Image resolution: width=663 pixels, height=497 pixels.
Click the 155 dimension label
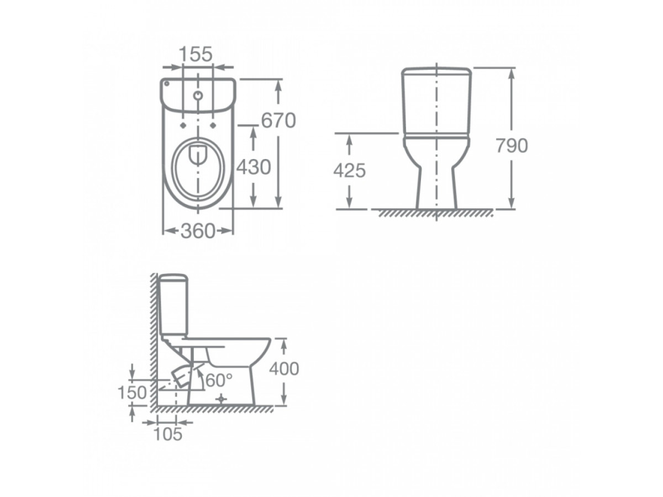click(196, 54)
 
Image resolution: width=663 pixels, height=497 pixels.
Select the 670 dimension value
click(278, 120)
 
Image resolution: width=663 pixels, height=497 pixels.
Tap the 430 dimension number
click(254, 167)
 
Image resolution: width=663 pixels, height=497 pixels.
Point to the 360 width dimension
click(198, 231)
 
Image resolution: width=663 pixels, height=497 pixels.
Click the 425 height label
click(350, 171)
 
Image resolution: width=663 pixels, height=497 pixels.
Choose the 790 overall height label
click(512, 145)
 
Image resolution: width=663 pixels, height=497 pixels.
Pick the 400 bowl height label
click(284, 368)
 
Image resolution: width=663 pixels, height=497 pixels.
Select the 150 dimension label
click(132, 393)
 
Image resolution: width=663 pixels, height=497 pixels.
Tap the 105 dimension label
click(168, 434)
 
